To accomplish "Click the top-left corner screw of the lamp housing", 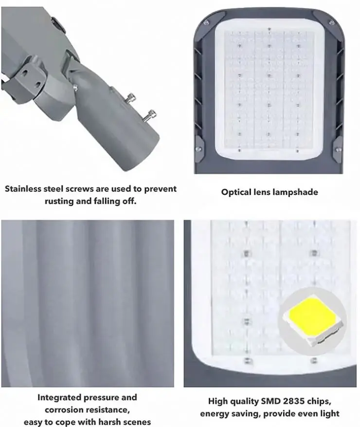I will tap(206, 22).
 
